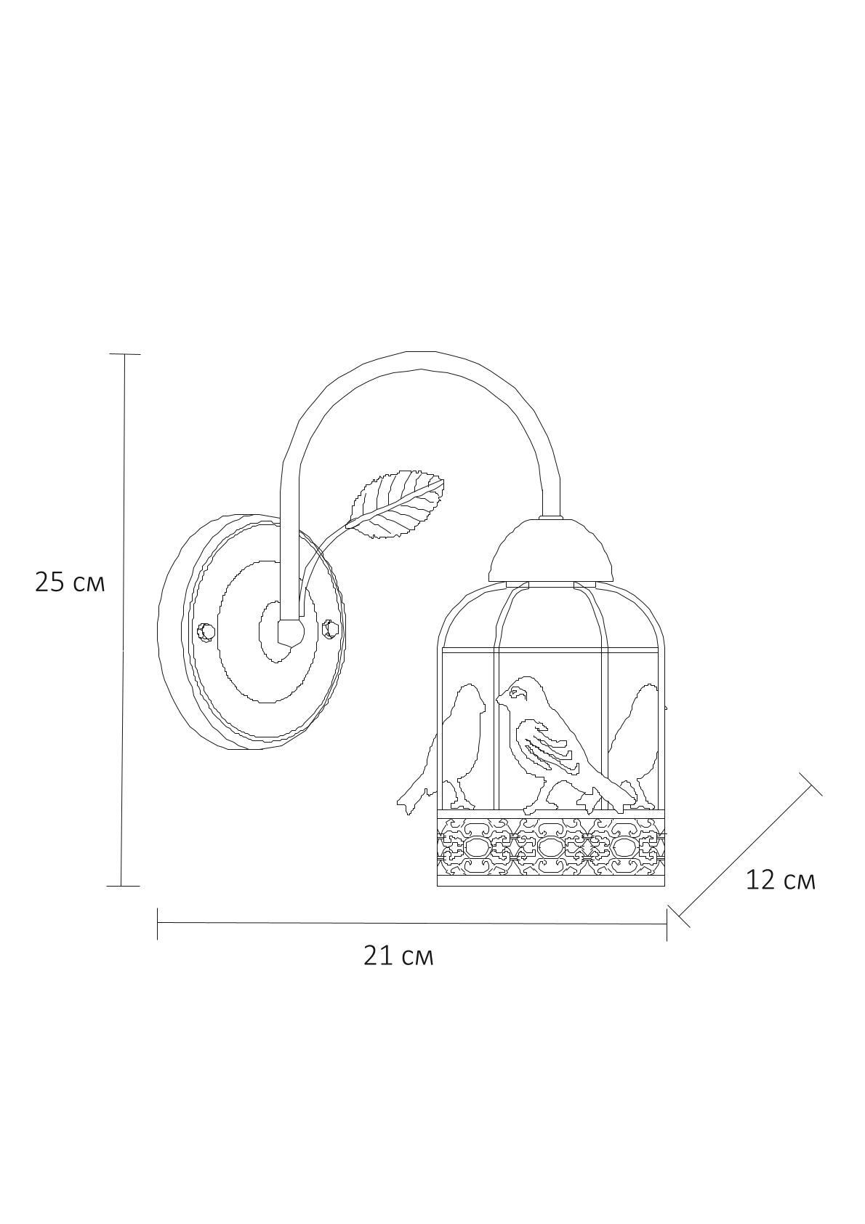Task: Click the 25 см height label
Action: pyautogui.click(x=70, y=583)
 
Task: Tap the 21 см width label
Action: pyautogui.click(x=398, y=956)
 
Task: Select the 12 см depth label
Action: pyautogui.click(x=780, y=880)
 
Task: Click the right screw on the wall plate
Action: pyautogui.click(x=330, y=628)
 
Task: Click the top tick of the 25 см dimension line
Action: pyautogui.click(x=124, y=354)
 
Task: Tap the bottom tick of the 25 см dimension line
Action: pyautogui.click(x=124, y=886)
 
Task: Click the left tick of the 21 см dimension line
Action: pyautogui.click(x=158, y=923)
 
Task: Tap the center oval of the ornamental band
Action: pyautogui.click(x=550, y=847)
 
